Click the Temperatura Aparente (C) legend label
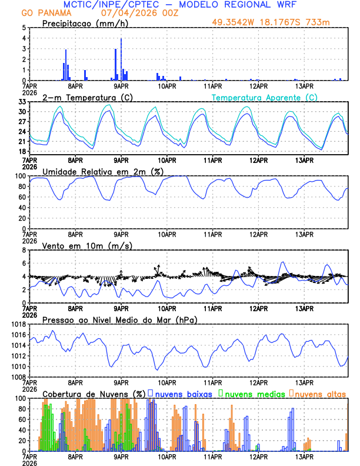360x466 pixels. point(265,97)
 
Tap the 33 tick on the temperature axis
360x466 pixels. point(22,102)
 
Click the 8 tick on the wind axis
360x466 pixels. point(24,249)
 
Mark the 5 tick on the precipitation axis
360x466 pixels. point(24,28)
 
